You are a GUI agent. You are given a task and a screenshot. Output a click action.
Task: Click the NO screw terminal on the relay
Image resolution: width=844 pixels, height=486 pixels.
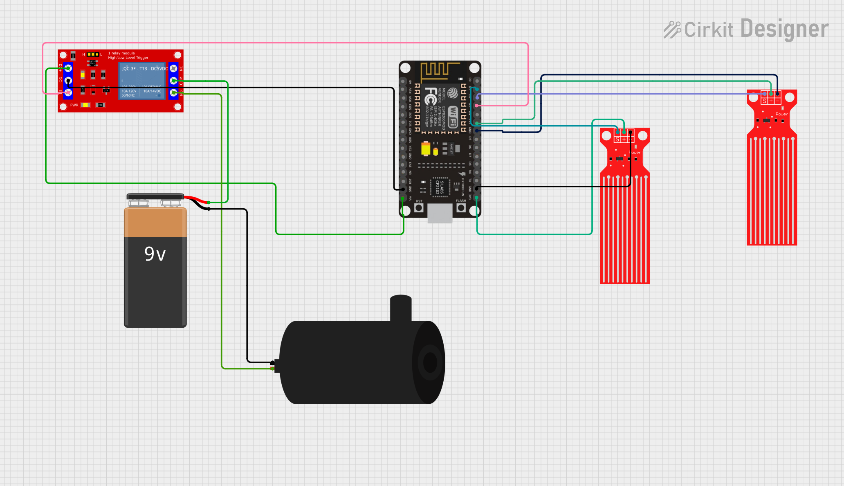[174, 93]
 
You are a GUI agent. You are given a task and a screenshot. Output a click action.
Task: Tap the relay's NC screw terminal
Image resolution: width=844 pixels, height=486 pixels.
[174, 68]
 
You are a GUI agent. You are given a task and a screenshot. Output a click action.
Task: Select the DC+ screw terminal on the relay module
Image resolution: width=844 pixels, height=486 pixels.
[68, 68]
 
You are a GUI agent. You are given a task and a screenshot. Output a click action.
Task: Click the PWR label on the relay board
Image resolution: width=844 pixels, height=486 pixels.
[74, 105]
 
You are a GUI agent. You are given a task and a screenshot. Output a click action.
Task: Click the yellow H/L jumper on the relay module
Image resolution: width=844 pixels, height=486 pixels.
[93, 54]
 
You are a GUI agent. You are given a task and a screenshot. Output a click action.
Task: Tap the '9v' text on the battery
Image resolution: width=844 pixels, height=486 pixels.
[155, 254]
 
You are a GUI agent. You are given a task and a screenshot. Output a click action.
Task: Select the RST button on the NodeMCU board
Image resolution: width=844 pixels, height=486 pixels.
[419, 208]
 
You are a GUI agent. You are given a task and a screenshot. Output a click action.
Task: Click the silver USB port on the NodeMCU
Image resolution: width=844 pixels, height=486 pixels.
[440, 214]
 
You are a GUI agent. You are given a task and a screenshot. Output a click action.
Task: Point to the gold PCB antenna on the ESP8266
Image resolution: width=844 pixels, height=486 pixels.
[440, 72]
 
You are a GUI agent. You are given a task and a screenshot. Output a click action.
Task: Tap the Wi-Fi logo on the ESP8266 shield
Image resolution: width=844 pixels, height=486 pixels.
[453, 117]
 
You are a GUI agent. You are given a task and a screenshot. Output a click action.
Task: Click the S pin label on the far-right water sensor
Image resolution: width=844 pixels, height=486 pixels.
[764, 101]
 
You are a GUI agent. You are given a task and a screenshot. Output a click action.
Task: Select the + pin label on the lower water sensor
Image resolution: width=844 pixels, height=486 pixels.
[624, 139]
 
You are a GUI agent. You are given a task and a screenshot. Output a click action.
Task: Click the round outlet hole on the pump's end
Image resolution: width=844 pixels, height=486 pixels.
[430, 362]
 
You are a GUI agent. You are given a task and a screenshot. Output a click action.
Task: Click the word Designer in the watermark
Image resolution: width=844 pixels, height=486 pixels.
[784, 29]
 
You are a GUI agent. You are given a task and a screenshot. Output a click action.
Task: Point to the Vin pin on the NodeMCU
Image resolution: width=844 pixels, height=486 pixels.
[403, 198]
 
